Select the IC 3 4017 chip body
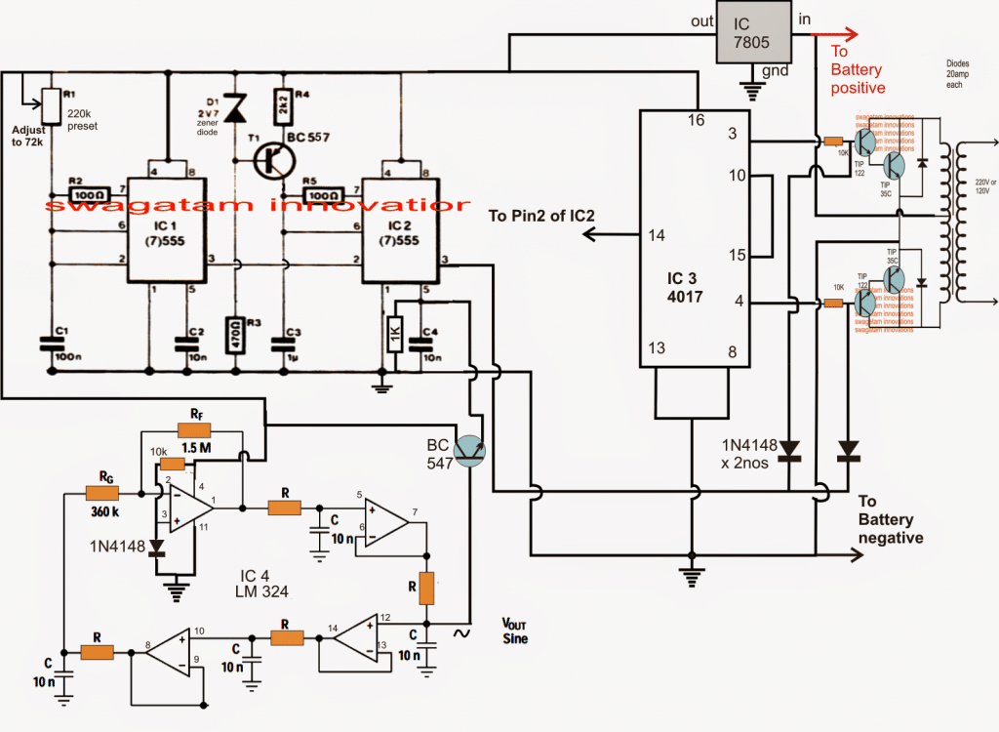[x=694, y=238]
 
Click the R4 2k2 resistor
[x=281, y=101]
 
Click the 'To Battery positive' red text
[x=856, y=69]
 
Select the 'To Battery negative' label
[x=890, y=518]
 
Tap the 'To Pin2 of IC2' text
[x=540, y=213]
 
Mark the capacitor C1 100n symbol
[x=49, y=344]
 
